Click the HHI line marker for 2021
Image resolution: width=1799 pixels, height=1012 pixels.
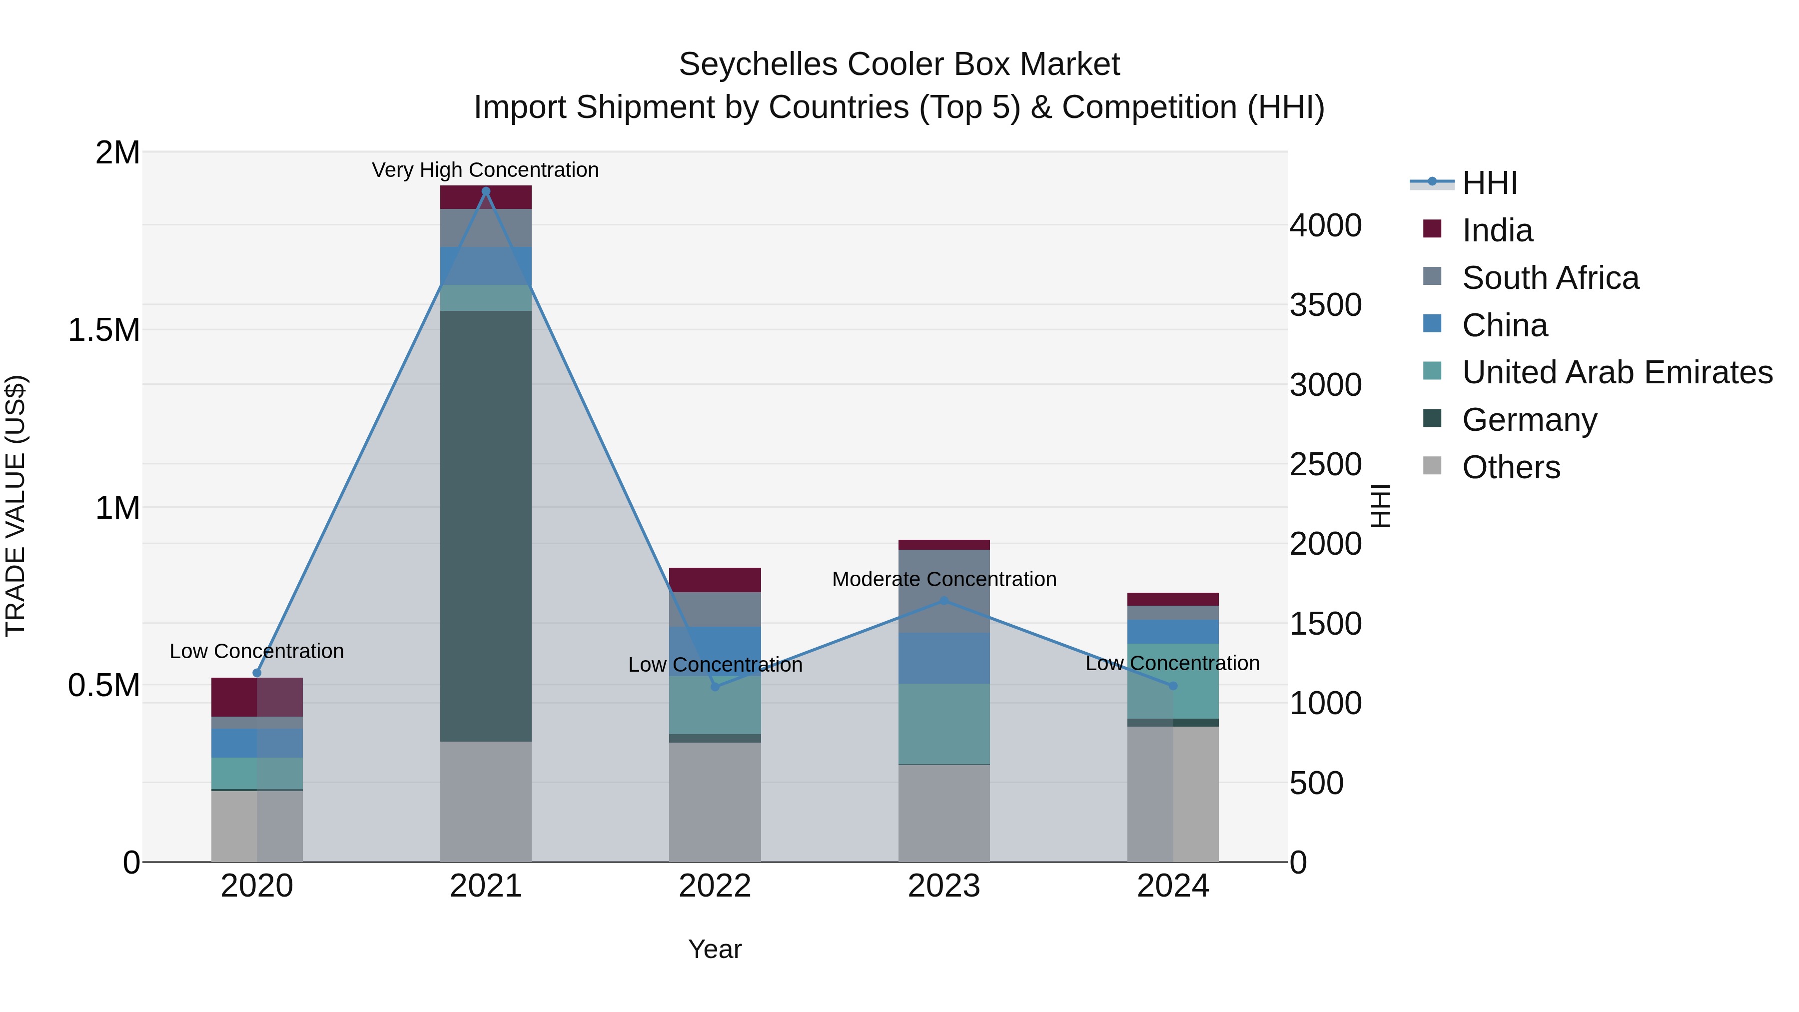[x=486, y=191]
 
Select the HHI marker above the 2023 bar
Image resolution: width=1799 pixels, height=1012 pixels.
[x=943, y=601]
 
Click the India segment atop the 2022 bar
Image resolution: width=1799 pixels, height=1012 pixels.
[x=715, y=580]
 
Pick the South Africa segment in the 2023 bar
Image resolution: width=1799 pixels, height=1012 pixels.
[x=943, y=591]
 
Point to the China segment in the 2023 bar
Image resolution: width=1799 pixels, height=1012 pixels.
[x=943, y=658]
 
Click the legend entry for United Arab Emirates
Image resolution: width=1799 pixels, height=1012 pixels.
[x=1617, y=372]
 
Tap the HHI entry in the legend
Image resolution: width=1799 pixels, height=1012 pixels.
[x=1489, y=183]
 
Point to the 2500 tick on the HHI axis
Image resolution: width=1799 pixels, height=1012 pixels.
[x=1325, y=464]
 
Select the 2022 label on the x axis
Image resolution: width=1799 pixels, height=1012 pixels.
[x=715, y=886]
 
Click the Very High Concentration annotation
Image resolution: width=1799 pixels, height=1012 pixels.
[x=485, y=170]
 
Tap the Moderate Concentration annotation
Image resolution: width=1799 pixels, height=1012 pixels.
[x=943, y=579]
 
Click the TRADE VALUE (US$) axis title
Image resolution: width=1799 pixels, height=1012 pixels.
[x=15, y=506]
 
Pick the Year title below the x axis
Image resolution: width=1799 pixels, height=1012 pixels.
[x=715, y=949]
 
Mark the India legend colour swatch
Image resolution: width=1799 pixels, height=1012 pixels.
[x=1432, y=229]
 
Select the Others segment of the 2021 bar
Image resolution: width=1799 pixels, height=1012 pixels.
[x=486, y=801]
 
